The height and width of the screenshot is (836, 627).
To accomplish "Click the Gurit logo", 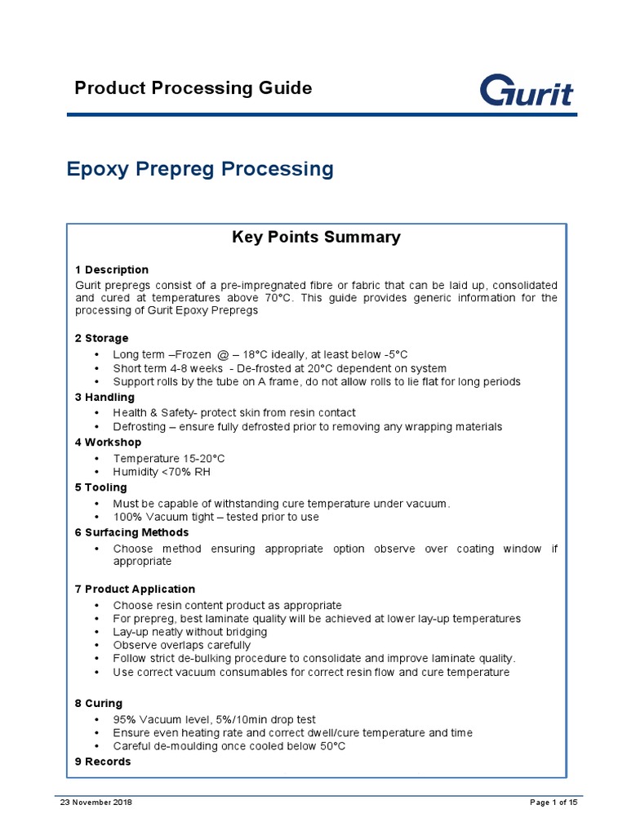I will pyautogui.click(x=526, y=90).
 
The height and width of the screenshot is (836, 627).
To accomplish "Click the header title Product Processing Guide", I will pyautogui.click(x=193, y=88).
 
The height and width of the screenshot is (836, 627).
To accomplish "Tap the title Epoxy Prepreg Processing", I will pyautogui.click(x=199, y=169).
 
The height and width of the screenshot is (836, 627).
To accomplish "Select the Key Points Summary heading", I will pyautogui.click(x=316, y=238).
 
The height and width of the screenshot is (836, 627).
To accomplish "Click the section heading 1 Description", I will pyautogui.click(x=111, y=269).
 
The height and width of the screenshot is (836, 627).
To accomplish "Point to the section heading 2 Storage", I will pyautogui.click(x=101, y=338).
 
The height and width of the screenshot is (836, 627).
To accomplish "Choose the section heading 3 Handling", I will pyautogui.click(x=105, y=398).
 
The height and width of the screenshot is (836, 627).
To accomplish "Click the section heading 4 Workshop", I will pyautogui.click(x=108, y=442).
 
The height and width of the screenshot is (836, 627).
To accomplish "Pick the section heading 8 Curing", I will pyautogui.click(x=98, y=703).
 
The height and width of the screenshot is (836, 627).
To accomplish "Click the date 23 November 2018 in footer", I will pyautogui.click(x=96, y=803).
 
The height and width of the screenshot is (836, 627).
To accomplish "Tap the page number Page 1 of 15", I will pyautogui.click(x=554, y=803).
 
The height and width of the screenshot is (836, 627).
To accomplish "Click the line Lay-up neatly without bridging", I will pyautogui.click(x=201, y=632).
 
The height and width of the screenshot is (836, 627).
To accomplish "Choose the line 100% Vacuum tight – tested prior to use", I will pyautogui.click(x=216, y=517).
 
